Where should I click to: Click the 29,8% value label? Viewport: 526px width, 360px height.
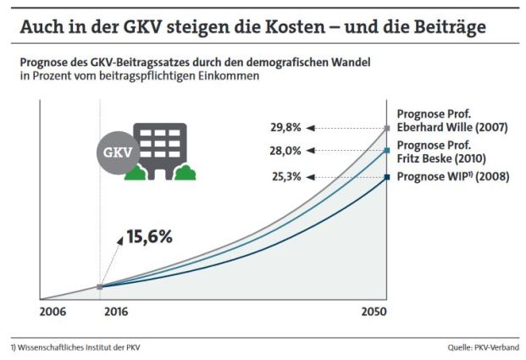tap(285, 128)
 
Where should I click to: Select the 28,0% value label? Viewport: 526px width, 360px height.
tap(285, 151)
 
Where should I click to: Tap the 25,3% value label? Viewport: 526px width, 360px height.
tap(285, 177)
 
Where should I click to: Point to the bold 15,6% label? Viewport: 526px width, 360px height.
tap(149, 236)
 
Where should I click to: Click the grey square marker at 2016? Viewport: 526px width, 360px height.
tap(100, 286)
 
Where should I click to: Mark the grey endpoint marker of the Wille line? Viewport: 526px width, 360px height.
tap(386, 128)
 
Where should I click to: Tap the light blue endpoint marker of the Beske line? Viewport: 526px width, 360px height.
tap(386, 151)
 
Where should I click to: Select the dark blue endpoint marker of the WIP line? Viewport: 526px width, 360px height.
tap(386, 177)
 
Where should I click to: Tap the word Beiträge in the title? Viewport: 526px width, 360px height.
tap(452, 28)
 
